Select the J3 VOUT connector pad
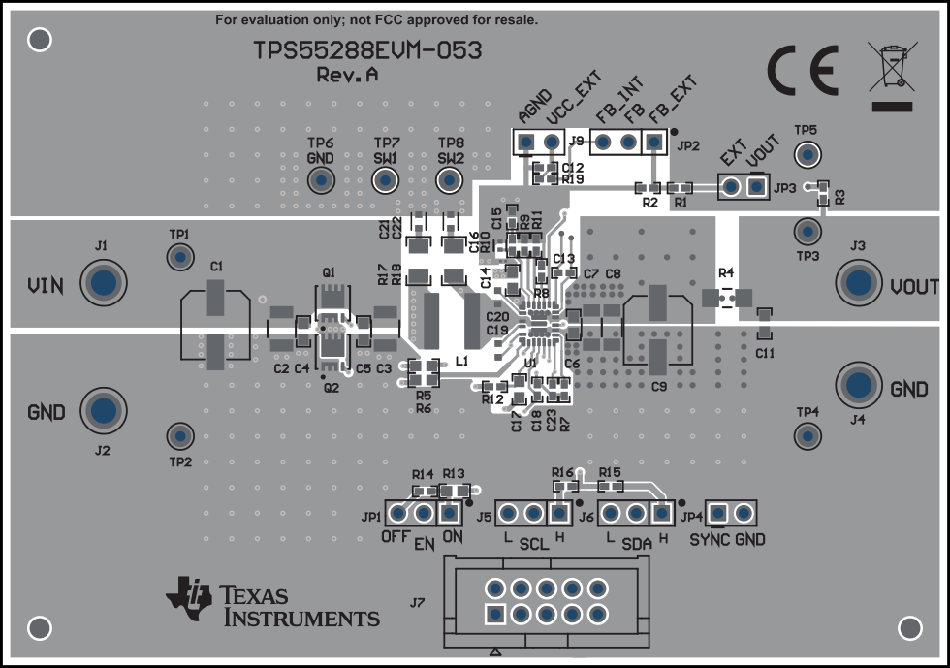coord(858,283)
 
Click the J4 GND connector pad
coord(858,386)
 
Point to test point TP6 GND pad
coord(320,179)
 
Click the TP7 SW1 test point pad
coord(386,179)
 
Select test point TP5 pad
coord(806,153)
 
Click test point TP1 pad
coord(179,257)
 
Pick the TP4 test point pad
coord(807,435)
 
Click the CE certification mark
coord(803,68)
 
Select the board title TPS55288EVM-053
coord(367,51)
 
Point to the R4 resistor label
coord(726,271)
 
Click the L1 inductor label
coord(461,361)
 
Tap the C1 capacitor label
coord(216,266)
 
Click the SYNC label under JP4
coord(710,539)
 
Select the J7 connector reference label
coord(417,602)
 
